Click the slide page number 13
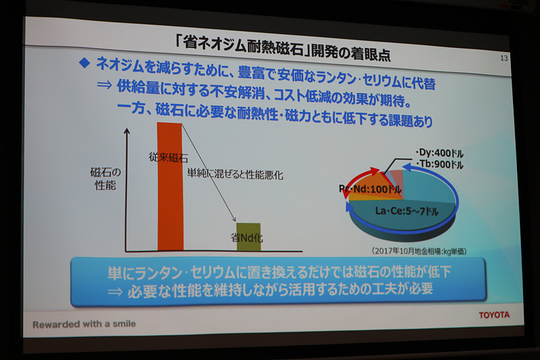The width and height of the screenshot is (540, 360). coord(504,59)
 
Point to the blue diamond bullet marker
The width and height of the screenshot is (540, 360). coord(84,63)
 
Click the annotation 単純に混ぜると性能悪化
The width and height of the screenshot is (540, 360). coord(234,174)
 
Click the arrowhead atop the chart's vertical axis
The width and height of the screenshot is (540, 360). coord(126,131)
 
